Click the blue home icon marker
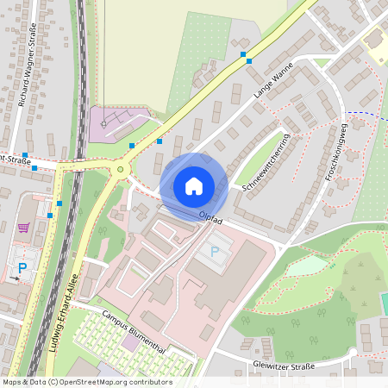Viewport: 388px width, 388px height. [x=194, y=185]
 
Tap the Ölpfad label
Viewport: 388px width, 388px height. [x=210, y=220]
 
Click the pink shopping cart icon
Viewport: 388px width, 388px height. [x=23, y=228]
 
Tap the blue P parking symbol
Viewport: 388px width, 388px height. [x=22, y=268]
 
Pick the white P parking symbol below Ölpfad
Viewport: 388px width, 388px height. [x=215, y=251]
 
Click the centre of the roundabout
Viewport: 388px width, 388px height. [x=120, y=170]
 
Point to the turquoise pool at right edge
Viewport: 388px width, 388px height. [x=384, y=304]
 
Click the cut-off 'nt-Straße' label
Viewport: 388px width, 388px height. [x=17, y=159]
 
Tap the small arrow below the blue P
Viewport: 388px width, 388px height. [x=18, y=280]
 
